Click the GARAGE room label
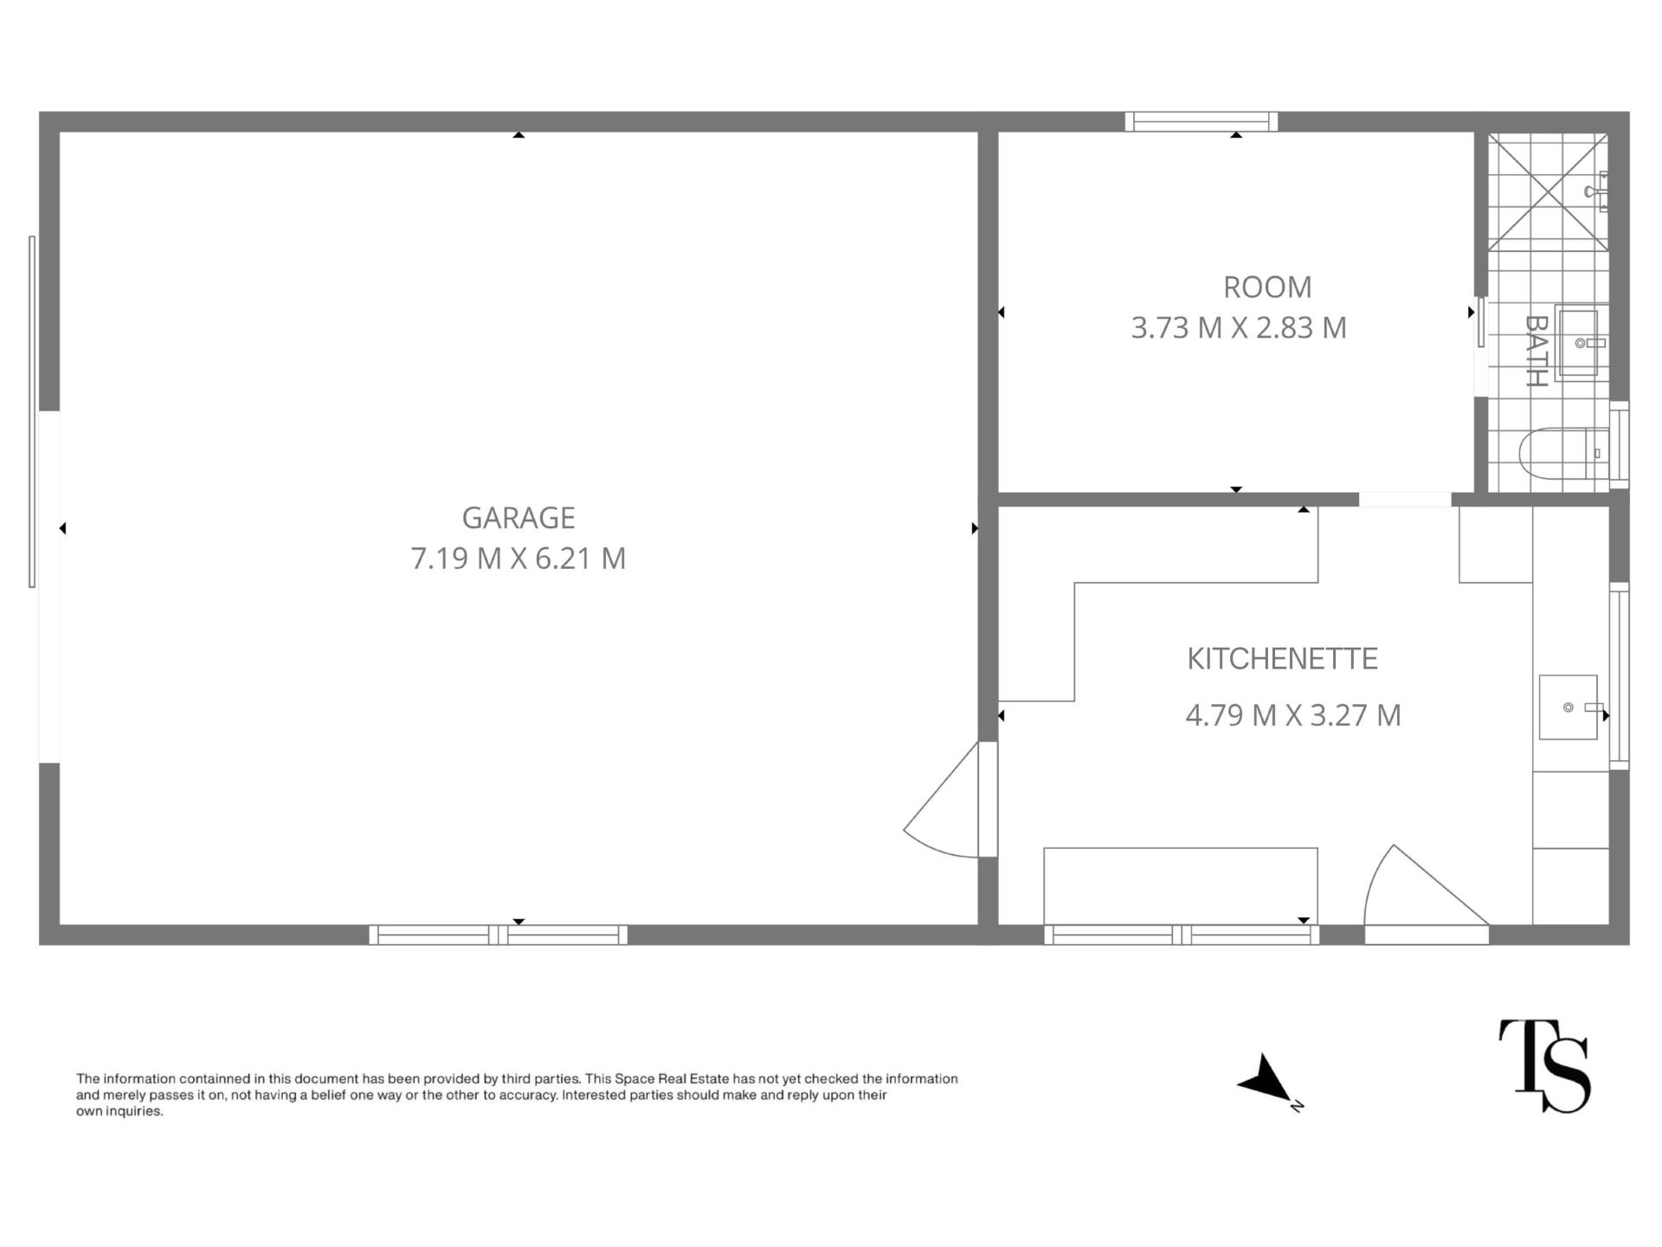pos(518,518)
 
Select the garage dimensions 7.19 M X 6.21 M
pos(518,559)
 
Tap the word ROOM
pos(1267,287)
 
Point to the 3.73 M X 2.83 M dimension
pos(1239,327)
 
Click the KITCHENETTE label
pos(1282,659)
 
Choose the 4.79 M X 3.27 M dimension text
pos(1292,715)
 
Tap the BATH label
pos(1536,351)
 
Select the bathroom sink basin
pos(1581,343)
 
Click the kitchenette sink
pos(1569,707)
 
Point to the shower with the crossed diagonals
pos(1548,192)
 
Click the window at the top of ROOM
pos(1201,122)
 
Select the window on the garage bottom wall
pos(499,934)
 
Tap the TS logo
pos(1544,1065)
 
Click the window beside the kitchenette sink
pos(1619,676)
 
